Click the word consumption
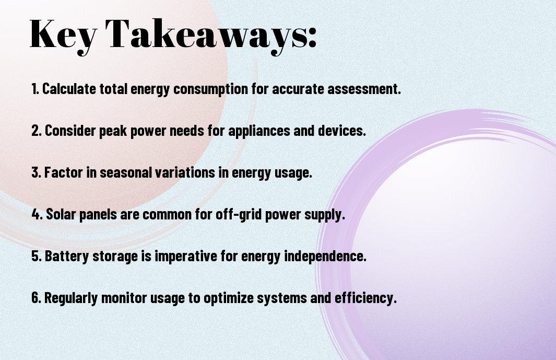tap(210, 89)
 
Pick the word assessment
tap(364, 89)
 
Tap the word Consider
tap(70, 131)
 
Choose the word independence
tap(325, 256)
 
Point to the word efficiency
tap(365, 298)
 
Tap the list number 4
tap(36, 214)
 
